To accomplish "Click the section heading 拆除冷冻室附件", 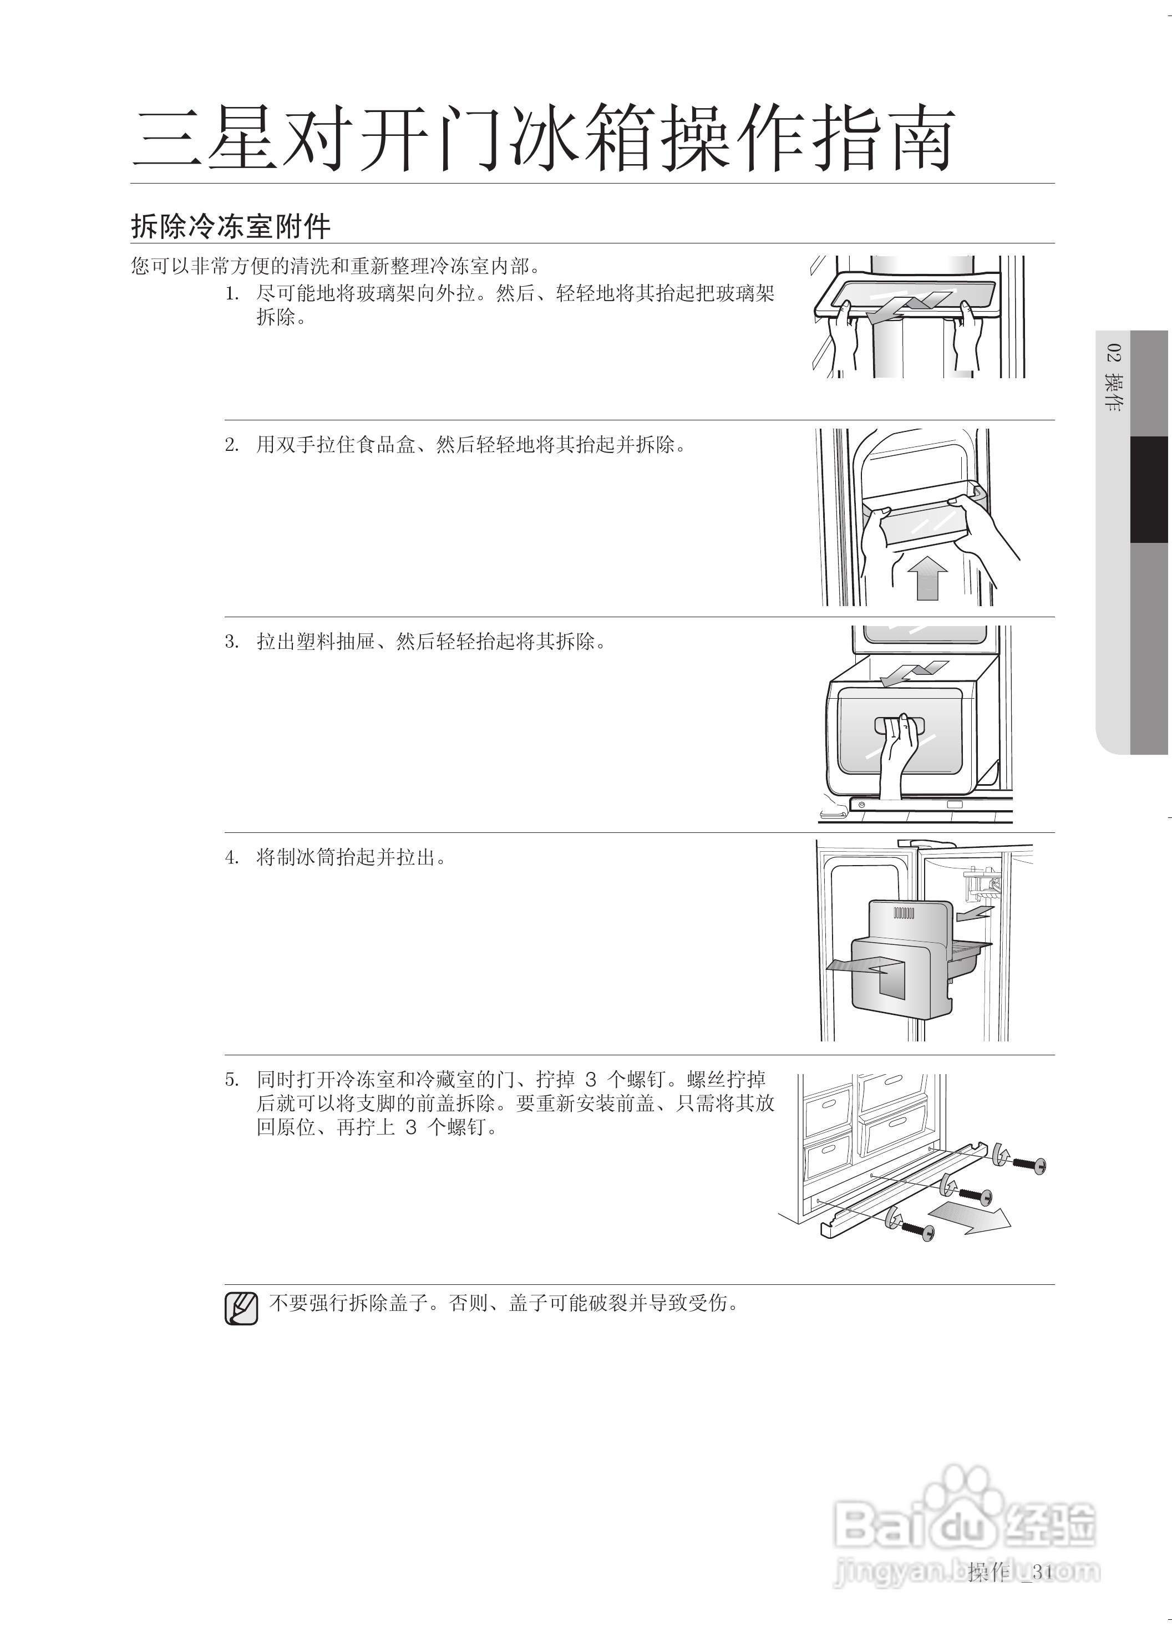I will point(230,227).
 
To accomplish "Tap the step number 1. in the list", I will point(232,294).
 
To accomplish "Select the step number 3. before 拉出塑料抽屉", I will point(232,642).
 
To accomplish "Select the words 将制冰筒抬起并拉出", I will point(352,858).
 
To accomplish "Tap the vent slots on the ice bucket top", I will point(904,913).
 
